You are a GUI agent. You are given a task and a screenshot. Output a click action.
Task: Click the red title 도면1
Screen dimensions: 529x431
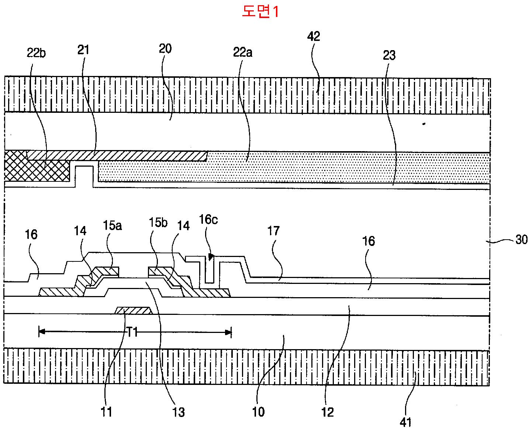(260, 11)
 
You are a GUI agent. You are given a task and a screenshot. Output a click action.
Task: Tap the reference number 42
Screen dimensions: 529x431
(314, 37)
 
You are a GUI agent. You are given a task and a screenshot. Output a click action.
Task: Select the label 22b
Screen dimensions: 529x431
(36, 53)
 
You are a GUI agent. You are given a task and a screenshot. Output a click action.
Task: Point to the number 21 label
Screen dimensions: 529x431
(83, 50)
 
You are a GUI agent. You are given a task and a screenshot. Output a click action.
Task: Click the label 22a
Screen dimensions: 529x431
(243, 52)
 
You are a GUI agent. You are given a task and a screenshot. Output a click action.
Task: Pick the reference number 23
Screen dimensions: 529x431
(389, 55)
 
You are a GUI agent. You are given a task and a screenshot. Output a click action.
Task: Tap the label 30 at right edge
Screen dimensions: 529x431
(522, 240)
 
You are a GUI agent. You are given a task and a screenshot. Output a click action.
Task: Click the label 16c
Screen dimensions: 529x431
(208, 219)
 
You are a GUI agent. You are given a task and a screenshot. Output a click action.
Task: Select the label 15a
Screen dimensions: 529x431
(113, 225)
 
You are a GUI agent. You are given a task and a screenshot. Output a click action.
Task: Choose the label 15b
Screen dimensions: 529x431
(158, 222)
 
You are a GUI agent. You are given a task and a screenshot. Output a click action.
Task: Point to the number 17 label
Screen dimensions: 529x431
(273, 231)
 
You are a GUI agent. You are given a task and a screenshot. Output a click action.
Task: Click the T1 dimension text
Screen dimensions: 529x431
(132, 333)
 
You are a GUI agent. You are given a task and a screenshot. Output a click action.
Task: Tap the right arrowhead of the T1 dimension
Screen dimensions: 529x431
(228, 333)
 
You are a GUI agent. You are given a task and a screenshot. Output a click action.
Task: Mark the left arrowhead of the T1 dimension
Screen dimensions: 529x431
(42, 332)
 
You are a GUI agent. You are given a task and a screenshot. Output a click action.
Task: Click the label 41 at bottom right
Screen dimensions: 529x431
(405, 423)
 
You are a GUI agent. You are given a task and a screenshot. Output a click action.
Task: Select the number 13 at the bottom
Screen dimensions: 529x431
(178, 412)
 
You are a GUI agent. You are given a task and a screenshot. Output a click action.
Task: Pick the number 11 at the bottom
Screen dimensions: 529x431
(106, 412)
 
